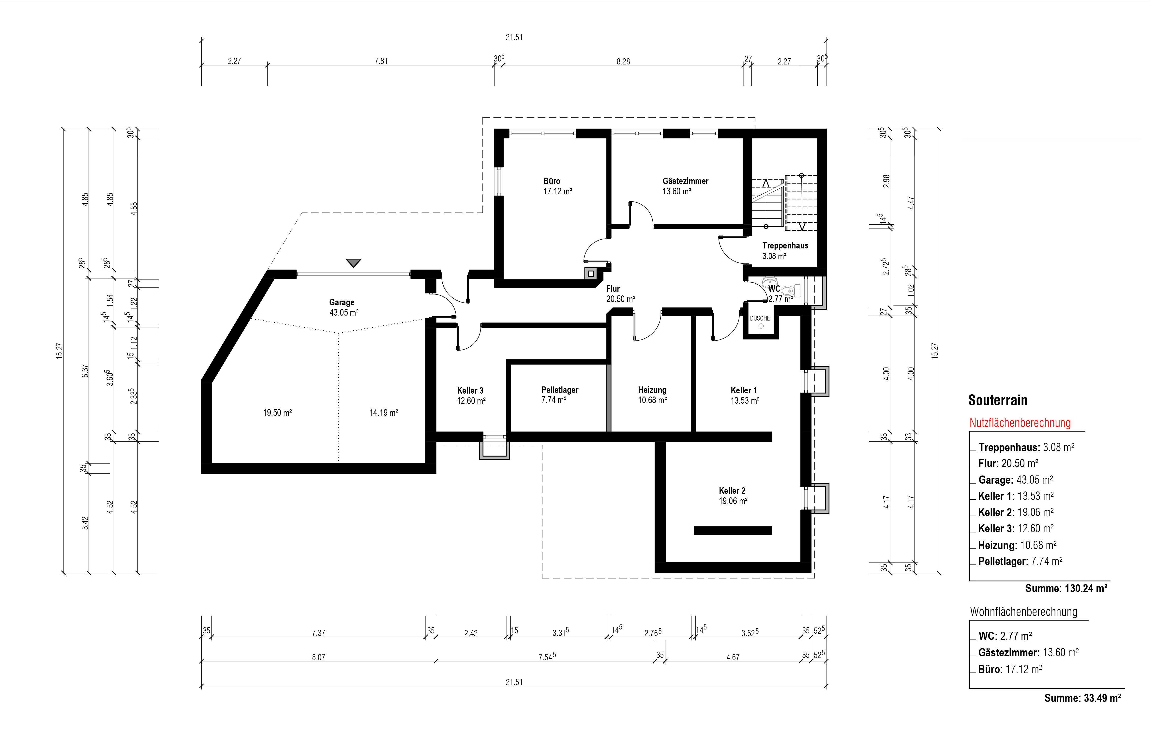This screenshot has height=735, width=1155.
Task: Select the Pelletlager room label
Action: (560, 390)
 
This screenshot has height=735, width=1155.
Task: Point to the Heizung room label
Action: (652, 390)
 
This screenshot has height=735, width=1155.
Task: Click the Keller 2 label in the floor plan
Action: (732, 491)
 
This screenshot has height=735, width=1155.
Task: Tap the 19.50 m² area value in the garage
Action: (277, 413)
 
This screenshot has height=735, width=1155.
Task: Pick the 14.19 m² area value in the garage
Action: (384, 413)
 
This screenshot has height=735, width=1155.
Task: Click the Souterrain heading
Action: (998, 400)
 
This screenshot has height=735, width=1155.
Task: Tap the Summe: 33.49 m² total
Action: (1082, 698)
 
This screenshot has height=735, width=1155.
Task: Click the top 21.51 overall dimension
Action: (514, 37)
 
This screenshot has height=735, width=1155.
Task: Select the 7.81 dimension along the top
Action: (381, 61)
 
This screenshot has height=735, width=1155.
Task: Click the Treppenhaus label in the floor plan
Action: (785, 246)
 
